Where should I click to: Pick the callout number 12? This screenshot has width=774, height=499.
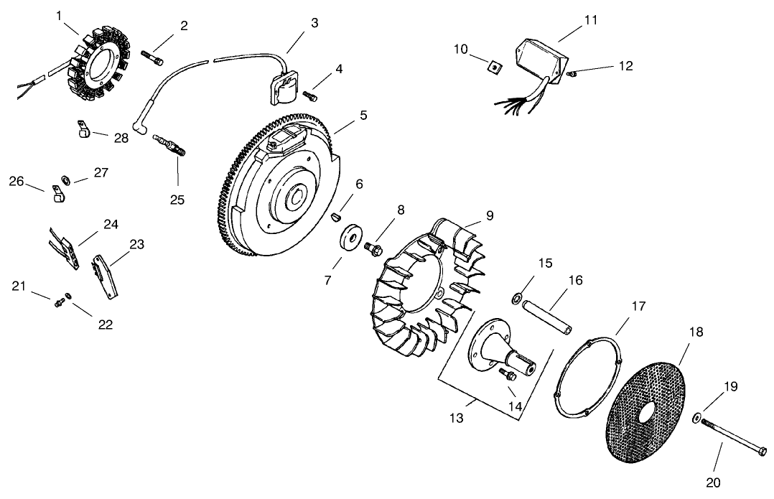(x=625, y=66)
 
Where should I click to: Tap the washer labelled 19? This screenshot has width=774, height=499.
(x=698, y=417)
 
